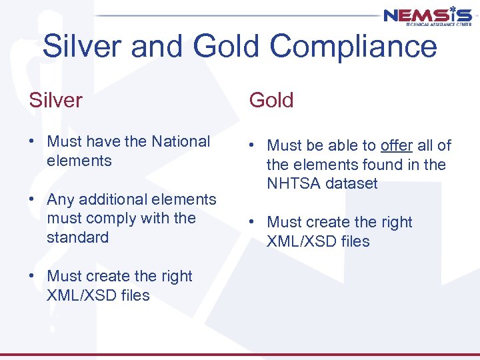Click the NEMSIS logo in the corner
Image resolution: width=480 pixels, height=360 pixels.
click(427, 17)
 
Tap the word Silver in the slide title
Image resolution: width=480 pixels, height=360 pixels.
click(83, 47)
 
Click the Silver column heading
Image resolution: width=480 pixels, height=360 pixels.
click(55, 100)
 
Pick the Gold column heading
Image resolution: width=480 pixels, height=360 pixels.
click(271, 100)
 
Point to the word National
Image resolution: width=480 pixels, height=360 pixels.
click(181, 141)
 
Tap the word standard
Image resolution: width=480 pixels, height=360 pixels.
click(77, 237)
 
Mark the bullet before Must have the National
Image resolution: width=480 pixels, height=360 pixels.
click(33, 142)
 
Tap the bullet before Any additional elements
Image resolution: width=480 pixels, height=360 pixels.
click(33, 200)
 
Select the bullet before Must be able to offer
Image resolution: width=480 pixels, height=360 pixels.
click(253, 146)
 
